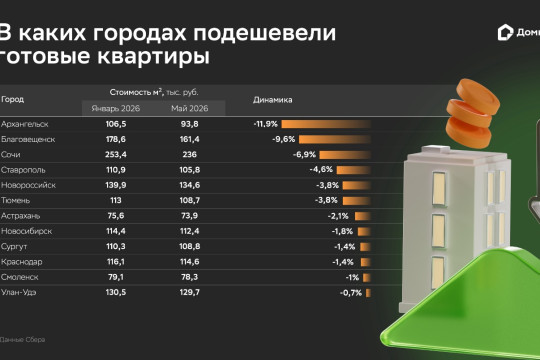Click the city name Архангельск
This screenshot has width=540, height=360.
click(24, 124)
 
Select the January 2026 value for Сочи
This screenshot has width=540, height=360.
click(116, 154)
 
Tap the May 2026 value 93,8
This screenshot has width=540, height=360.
click(189, 124)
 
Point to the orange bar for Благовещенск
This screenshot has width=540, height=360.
click(335, 139)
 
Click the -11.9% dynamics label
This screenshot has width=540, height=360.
click(266, 124)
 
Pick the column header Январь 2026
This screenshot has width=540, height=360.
click(116, 109)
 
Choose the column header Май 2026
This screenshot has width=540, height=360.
click(189, 109)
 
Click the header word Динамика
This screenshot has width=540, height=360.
click(272, 100)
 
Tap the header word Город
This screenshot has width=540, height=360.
click(12, 100)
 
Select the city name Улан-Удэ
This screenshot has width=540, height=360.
click(19, 292)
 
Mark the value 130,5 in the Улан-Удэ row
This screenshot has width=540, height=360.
click(116, 292)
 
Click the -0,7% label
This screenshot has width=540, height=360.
click(351, 293)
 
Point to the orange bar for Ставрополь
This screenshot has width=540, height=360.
click(354, 170)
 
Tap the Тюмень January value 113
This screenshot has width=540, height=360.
click(116, 200)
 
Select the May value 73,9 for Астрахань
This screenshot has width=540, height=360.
click(189, 216)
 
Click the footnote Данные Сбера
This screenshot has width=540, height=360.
click(22, 340)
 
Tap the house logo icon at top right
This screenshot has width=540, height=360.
click(505, 33)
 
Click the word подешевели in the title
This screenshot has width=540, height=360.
click(264, 33)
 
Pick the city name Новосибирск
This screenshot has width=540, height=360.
click(27, 231)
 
